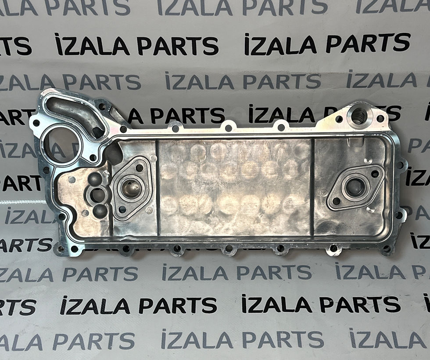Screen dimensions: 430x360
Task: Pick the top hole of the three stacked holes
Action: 95,179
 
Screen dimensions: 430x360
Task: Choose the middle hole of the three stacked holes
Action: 97,195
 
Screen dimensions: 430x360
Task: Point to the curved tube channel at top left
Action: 75,113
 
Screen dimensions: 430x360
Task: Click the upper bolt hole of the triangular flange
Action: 140,168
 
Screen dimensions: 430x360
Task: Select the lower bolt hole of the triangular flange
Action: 122,210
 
